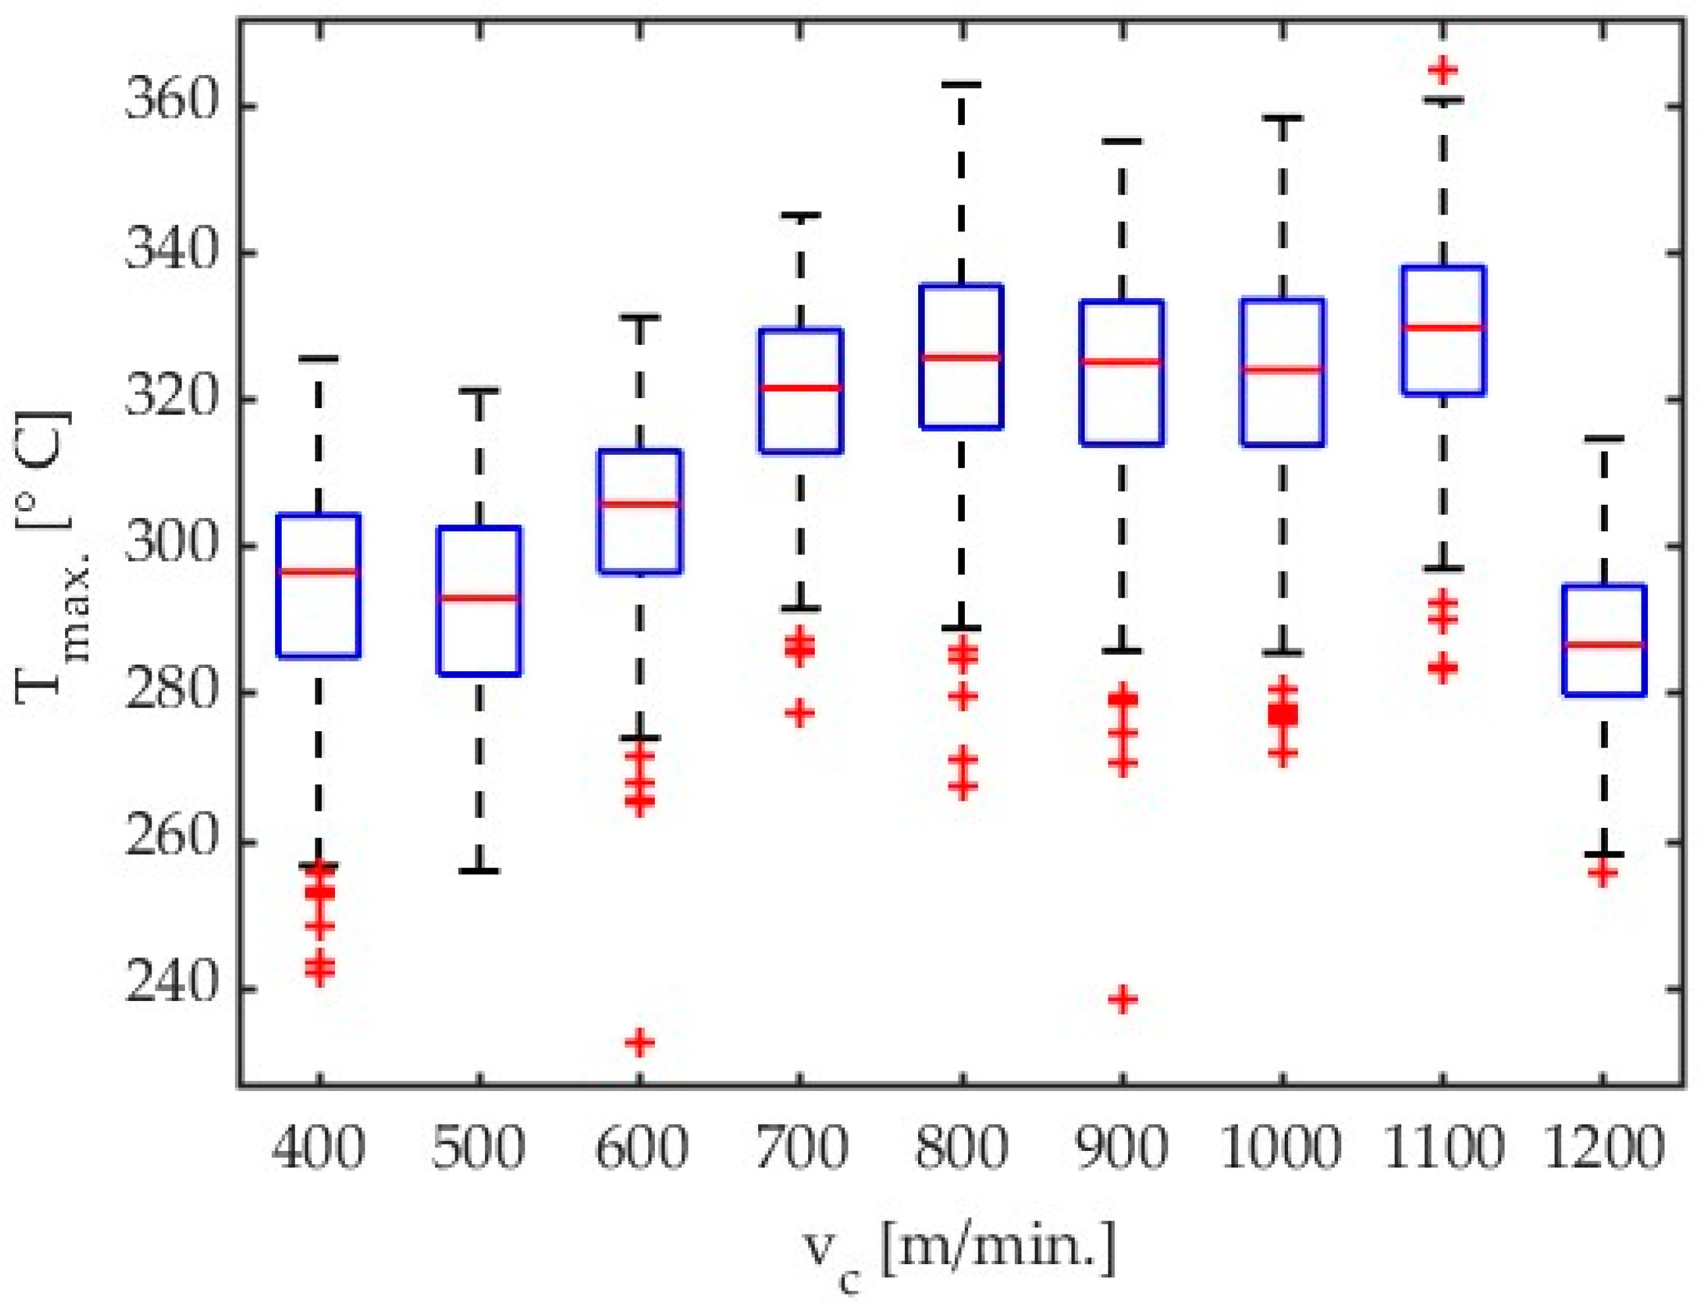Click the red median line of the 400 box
pos(319,573)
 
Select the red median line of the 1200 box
pos(1603,644)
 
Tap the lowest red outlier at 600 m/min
pos(640,1042)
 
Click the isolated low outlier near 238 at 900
pos(1121,998)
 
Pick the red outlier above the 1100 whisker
pos(1443,70)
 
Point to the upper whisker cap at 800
pos(961,84)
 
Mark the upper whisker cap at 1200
pos(1603,439)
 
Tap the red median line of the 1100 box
pos(1443,327)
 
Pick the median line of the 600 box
pos(640,503)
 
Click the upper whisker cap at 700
pos(800,215)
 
